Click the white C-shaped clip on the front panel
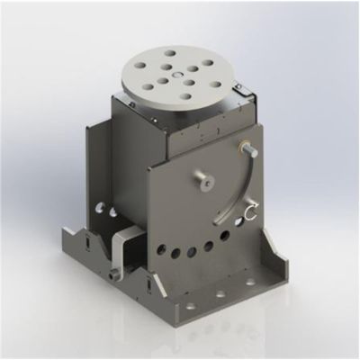coord(250,212)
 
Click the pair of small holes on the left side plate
coord(112,211)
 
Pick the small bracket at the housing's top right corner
coord(241,87)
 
